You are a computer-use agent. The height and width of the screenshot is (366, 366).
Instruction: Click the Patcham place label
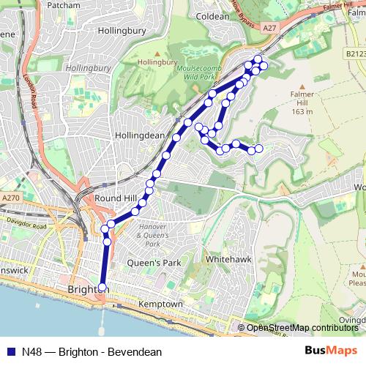pos(63,5)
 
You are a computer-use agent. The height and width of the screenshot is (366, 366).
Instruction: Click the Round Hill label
pos(115,198)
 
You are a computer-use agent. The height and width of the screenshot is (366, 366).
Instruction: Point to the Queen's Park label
pos(154,263)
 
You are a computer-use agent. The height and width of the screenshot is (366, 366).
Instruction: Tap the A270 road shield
pos(10,198)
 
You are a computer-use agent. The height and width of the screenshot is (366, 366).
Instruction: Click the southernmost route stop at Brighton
pos(102,287)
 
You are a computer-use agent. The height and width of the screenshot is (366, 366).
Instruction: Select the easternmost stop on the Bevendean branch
pos(258,149)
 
